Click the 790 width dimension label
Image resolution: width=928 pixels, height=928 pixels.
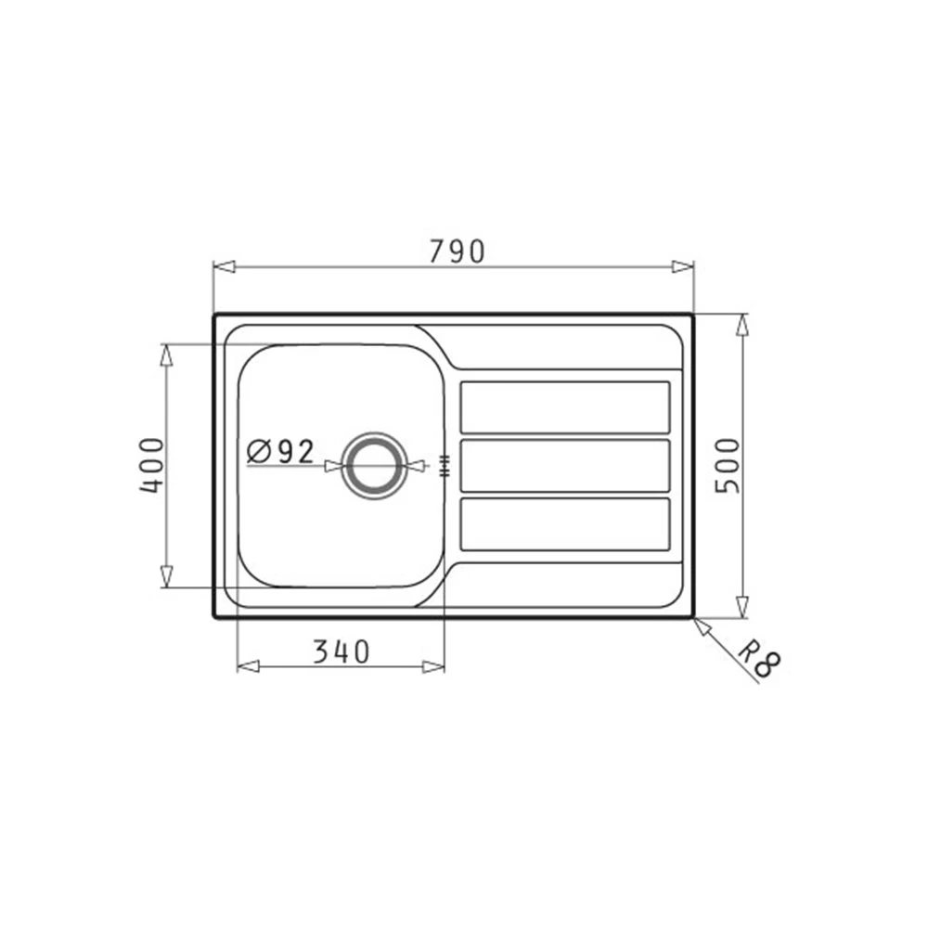tap(457, 251)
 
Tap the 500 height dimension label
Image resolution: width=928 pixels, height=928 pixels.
tap(728, 465)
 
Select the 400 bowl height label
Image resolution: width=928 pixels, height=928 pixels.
tap(151, 465)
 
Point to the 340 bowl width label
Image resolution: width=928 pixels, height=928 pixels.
tap(341, 651)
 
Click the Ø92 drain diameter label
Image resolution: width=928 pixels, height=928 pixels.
tap(280, 452)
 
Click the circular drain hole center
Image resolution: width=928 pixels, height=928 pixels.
tap(375, 465)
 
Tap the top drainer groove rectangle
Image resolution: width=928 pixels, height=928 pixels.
tap(565, 407)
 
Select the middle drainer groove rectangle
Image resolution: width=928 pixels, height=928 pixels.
tap(565, 465)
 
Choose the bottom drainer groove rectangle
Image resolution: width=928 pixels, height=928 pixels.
tap(565, 523)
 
